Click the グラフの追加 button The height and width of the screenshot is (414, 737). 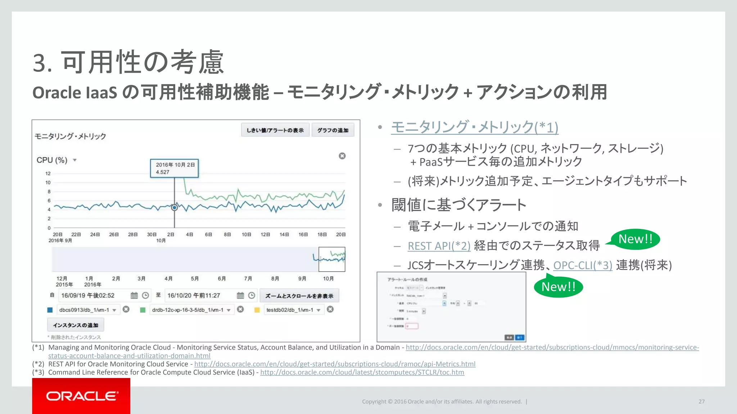coord(333,130)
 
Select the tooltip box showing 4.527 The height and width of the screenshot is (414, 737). coord(175,168)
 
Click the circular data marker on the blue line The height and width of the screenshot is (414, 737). coord(175,207)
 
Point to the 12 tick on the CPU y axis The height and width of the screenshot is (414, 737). coord(48,174)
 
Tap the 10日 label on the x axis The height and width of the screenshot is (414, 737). coord(246,235)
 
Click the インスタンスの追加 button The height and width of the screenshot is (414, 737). coord(76,325)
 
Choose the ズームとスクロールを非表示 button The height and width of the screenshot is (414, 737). coord(299,296)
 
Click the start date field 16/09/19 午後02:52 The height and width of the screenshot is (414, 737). coord(94,295)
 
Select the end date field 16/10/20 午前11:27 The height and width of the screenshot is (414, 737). coord(200,295)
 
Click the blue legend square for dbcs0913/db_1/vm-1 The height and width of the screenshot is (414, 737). coord(50,310)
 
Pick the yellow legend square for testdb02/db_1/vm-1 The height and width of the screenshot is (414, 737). coord(257,310)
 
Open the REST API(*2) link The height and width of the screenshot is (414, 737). coord(439,246)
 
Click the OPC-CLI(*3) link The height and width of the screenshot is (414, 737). coord(582,266)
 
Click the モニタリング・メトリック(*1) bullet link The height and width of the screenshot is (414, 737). coord(474,127)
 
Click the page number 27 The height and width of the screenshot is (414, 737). coord(701,402)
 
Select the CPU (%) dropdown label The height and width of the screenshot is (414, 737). coord(52,160)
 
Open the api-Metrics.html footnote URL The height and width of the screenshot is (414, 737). coord(335,364)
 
